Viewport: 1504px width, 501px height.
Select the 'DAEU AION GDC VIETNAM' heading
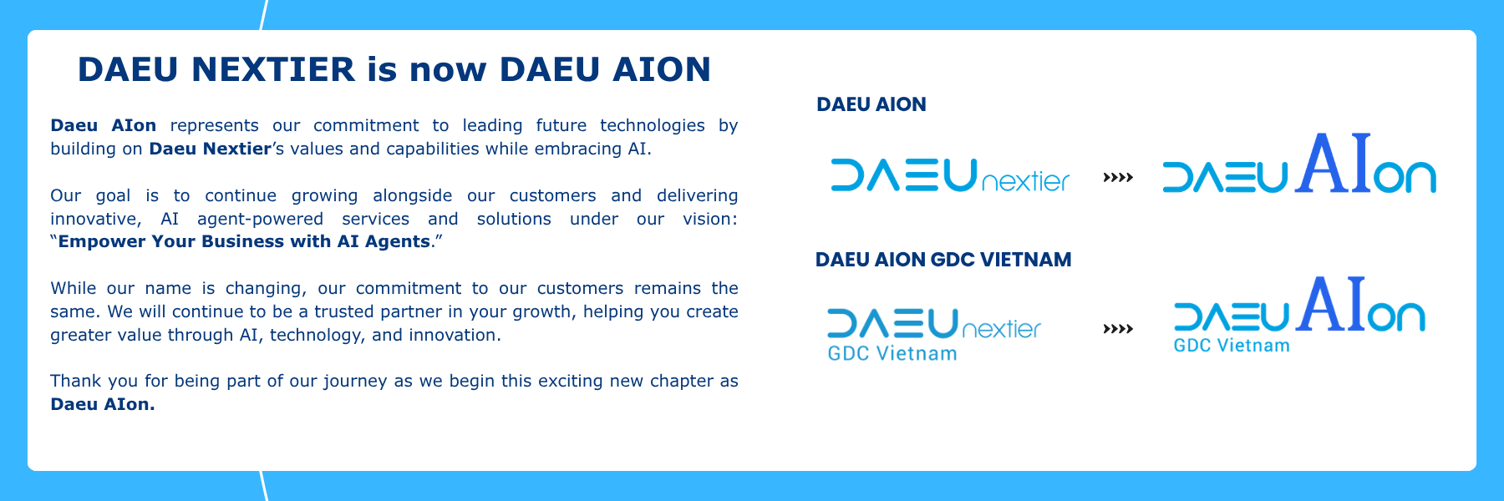tap(943, 260)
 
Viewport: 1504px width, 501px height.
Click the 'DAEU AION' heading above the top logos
tap(871, 104)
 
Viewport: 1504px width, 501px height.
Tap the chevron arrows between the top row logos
tap(1118, 177)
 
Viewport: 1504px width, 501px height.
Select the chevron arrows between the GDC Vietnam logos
tap(1118, 329)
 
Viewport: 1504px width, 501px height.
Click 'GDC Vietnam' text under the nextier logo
tap(892, 354)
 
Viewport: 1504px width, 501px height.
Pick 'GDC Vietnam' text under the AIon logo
tap(1232, 346)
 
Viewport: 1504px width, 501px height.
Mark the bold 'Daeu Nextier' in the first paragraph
tap(211, 149)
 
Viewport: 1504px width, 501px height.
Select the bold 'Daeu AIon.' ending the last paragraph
tap(103, 404)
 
